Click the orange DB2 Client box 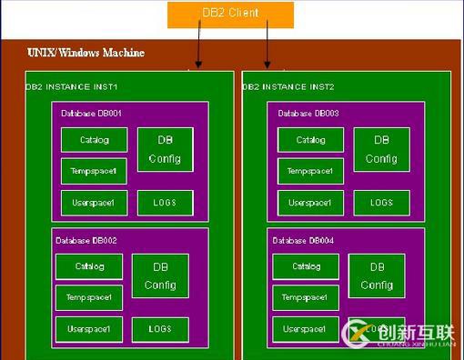(230, 14)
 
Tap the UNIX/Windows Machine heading (86, 53)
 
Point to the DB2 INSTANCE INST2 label (288, 87)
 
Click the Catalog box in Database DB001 (94, 140)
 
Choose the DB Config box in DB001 (166, 149)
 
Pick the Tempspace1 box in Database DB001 (94, 171)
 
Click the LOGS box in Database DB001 (166, 202)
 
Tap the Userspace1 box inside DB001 (94, 202)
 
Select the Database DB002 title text (87, 240)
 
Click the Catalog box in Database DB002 (88, 266)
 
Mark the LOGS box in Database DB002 (160, 328)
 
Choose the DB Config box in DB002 (160, 275)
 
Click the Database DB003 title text (308, 114)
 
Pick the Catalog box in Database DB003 (311, 140)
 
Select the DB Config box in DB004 (377, 275)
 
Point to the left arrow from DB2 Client (198, 45)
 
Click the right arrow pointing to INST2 (267, 45)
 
